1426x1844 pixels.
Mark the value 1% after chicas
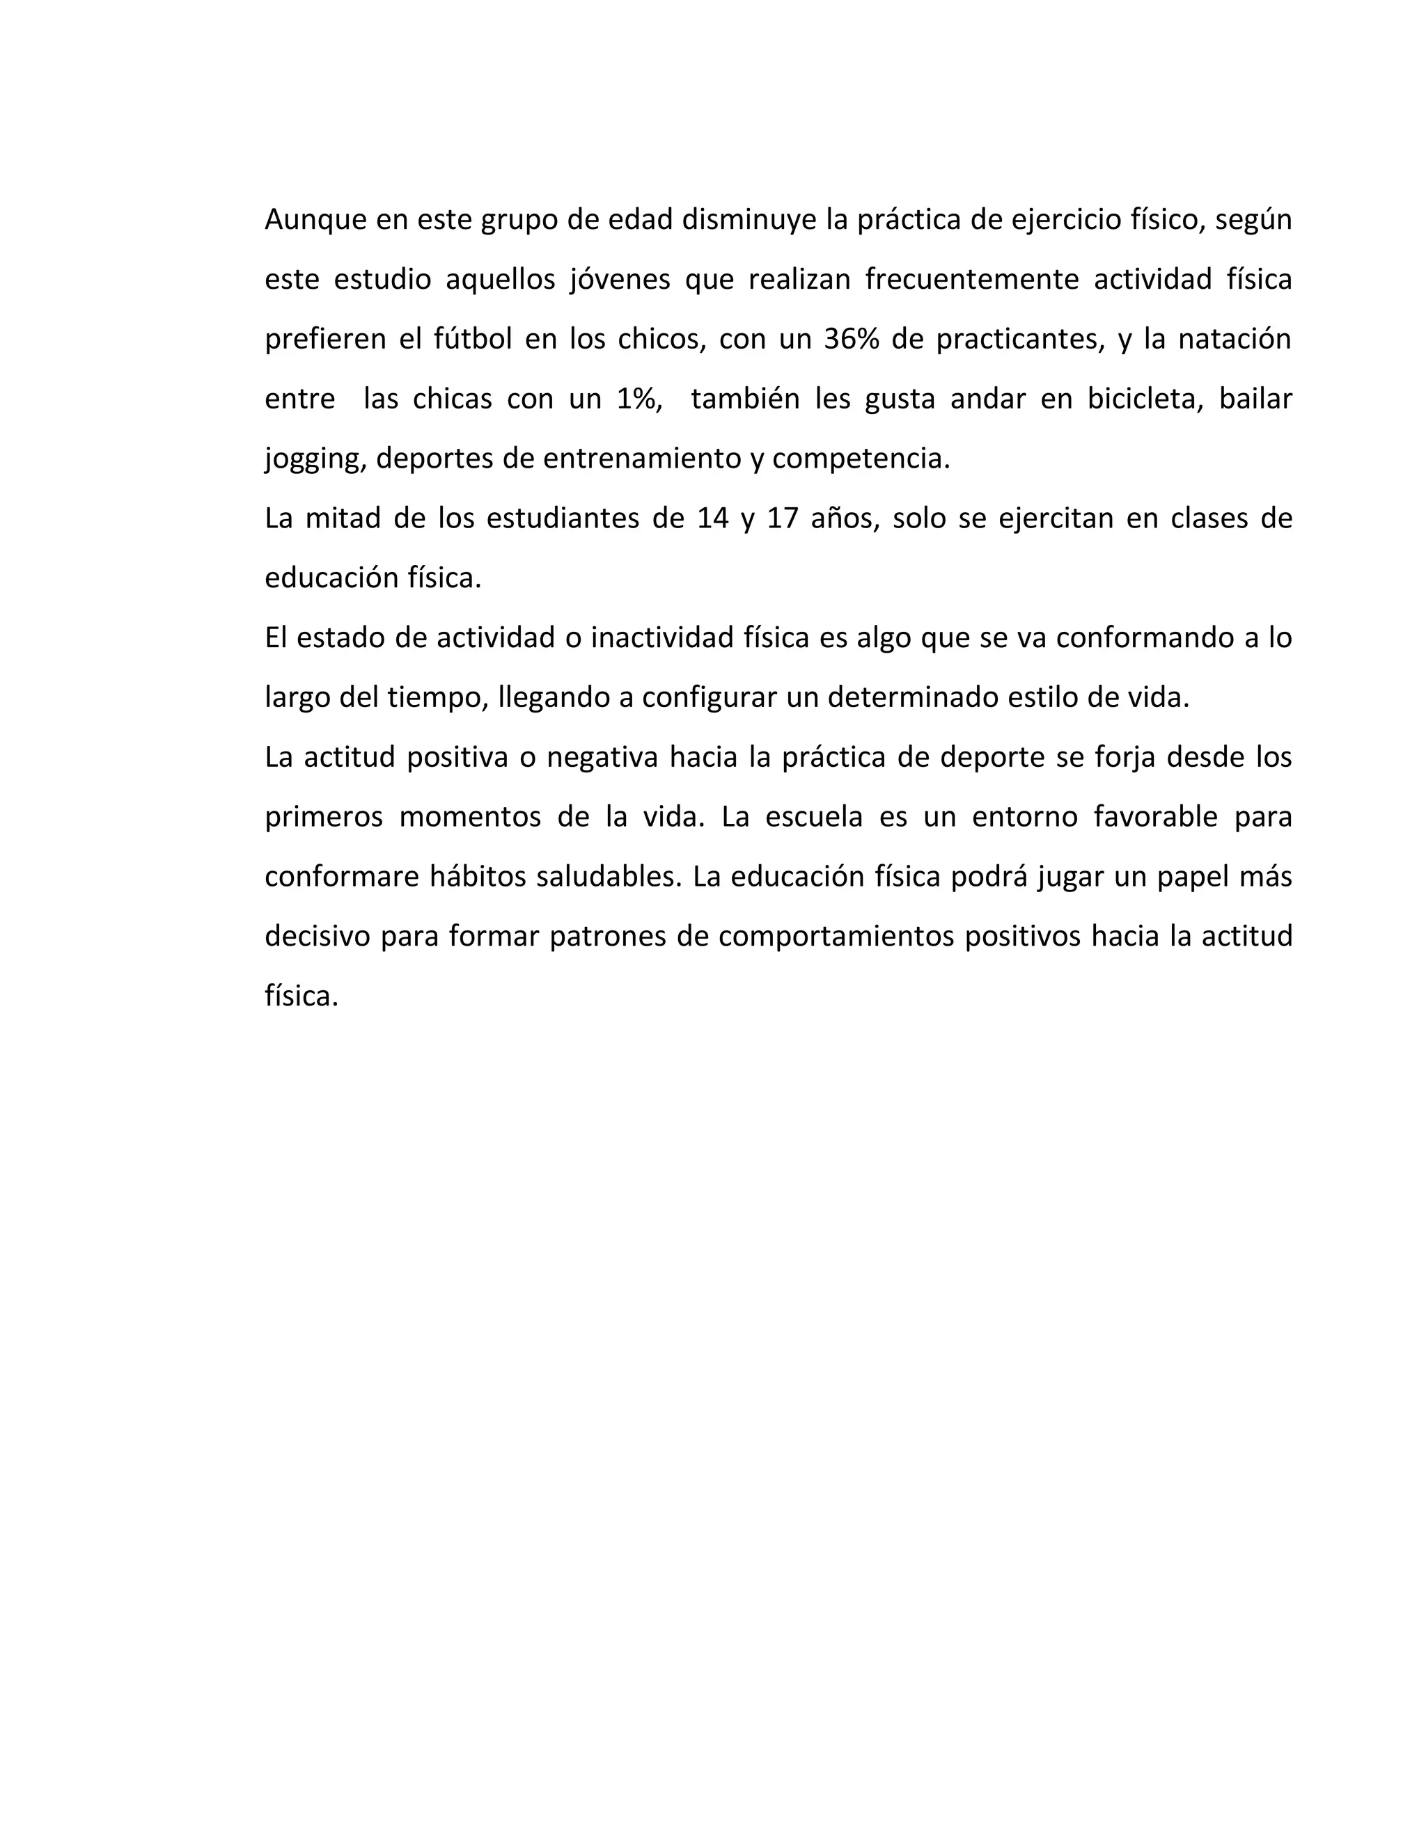point(638,399)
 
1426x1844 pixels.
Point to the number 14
point(713,518)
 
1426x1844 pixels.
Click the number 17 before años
point(782,518)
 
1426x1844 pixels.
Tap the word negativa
point(602,757)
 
